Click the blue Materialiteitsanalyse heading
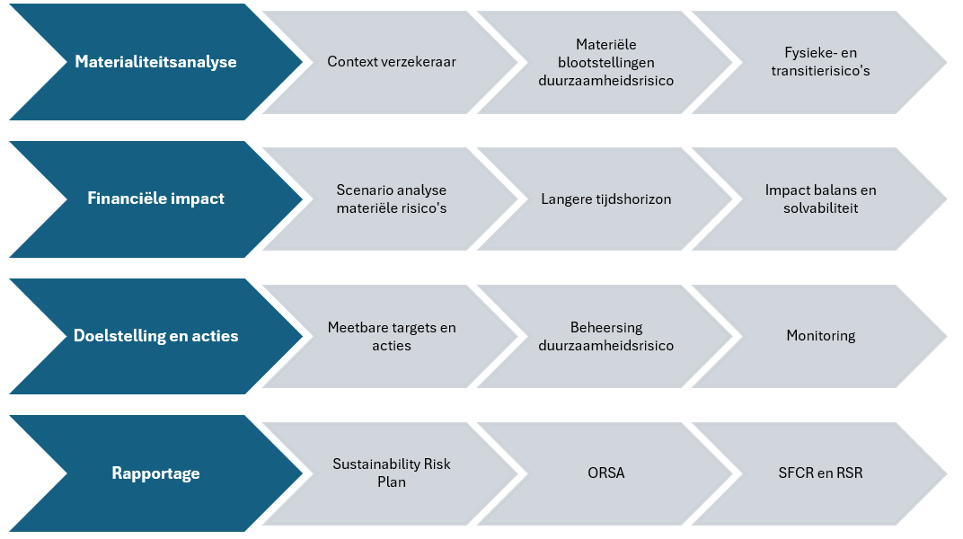[155, 62]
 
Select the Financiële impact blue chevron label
[155, 199]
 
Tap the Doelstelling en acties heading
[155, 336]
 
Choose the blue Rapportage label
[155, 473]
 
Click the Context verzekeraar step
[392, 61]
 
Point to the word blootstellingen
[605, 63]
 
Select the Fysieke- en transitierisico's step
[820, 61]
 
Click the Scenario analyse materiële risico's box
[392, 199]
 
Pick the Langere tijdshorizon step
[605, 199]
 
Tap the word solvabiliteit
[820, 208]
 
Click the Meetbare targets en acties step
[392, 336]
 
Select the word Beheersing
[606, 328]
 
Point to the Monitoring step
[820, 336]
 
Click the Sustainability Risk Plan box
[392, 473]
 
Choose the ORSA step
[605, 473]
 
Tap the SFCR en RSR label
[820, 473]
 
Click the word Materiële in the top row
[605, 44]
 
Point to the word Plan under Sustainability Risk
[392, 482]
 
